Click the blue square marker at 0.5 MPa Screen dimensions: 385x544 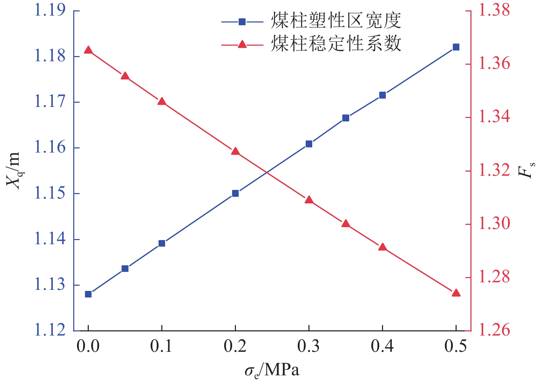(456, 47)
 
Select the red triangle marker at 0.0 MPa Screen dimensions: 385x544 (88, 50)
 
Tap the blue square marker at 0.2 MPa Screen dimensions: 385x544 (235, 193)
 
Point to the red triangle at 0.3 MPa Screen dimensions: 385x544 (309, 200)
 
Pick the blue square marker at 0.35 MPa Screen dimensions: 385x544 (346, 118)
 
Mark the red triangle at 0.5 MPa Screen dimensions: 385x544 (456, 293)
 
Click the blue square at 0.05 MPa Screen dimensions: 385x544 (125, 269)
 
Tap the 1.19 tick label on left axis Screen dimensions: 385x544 (50, 10)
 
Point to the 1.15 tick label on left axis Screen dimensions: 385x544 (50, 193)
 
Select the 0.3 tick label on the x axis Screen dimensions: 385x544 (309, 346)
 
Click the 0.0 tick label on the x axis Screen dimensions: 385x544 (88, 346)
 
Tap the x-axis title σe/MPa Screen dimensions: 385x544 (271, 371)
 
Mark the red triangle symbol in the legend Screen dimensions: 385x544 (242, 44)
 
